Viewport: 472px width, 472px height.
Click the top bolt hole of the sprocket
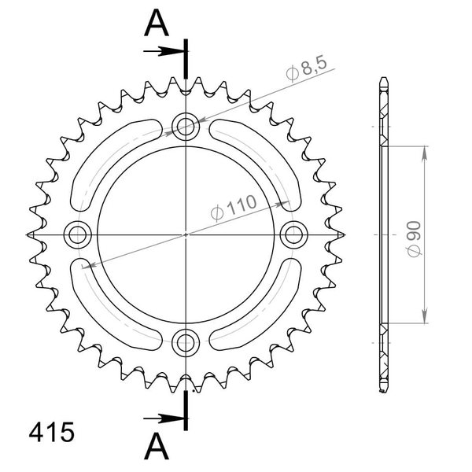tap(186, 127)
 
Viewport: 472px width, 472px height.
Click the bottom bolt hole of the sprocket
tap(186, 342)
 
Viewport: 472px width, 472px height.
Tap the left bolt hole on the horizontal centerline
tap(78, 234)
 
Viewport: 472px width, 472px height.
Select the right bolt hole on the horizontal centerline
tap(293, 234)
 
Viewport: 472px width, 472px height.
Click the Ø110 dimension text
tap(234, 208)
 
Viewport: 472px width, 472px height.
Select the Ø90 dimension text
tap(415, 239)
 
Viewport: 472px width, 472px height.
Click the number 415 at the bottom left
tap(51, 432)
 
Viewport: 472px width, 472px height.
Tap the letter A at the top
tap(157, 23)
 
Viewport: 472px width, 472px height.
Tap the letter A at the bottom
tap(157, 446)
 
